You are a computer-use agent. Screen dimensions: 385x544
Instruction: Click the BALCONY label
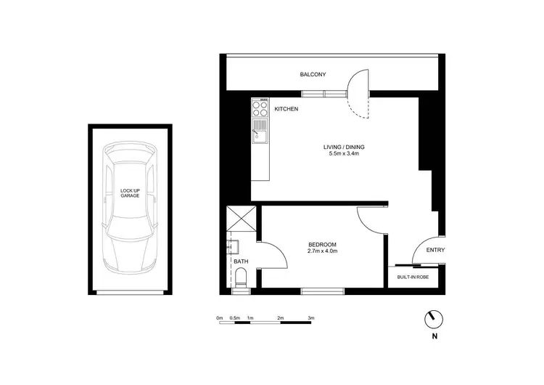[313, 75]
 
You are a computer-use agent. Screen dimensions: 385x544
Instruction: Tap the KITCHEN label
[287, 109]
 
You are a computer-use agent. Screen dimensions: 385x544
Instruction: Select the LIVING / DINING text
[343, 147]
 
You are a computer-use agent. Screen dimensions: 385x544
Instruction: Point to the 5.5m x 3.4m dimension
[343, 155]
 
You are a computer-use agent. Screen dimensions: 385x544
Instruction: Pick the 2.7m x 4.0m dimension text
[323, 251]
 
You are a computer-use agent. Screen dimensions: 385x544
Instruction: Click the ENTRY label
[436, 251]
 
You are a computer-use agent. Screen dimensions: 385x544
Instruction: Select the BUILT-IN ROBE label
[413, 277]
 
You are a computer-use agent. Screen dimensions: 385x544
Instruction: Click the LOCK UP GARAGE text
[130, 193]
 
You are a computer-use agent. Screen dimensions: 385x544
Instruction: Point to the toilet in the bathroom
[241, 277]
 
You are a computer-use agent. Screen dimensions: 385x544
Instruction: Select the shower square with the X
[240, 218]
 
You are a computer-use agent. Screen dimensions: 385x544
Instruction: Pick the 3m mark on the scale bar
[310, 318]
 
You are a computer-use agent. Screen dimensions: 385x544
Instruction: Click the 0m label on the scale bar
[220, 318]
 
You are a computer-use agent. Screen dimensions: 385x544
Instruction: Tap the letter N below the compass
[434, 336]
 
